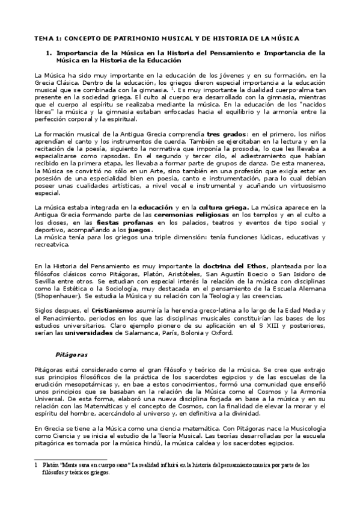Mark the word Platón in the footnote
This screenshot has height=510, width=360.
coord(50,465)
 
